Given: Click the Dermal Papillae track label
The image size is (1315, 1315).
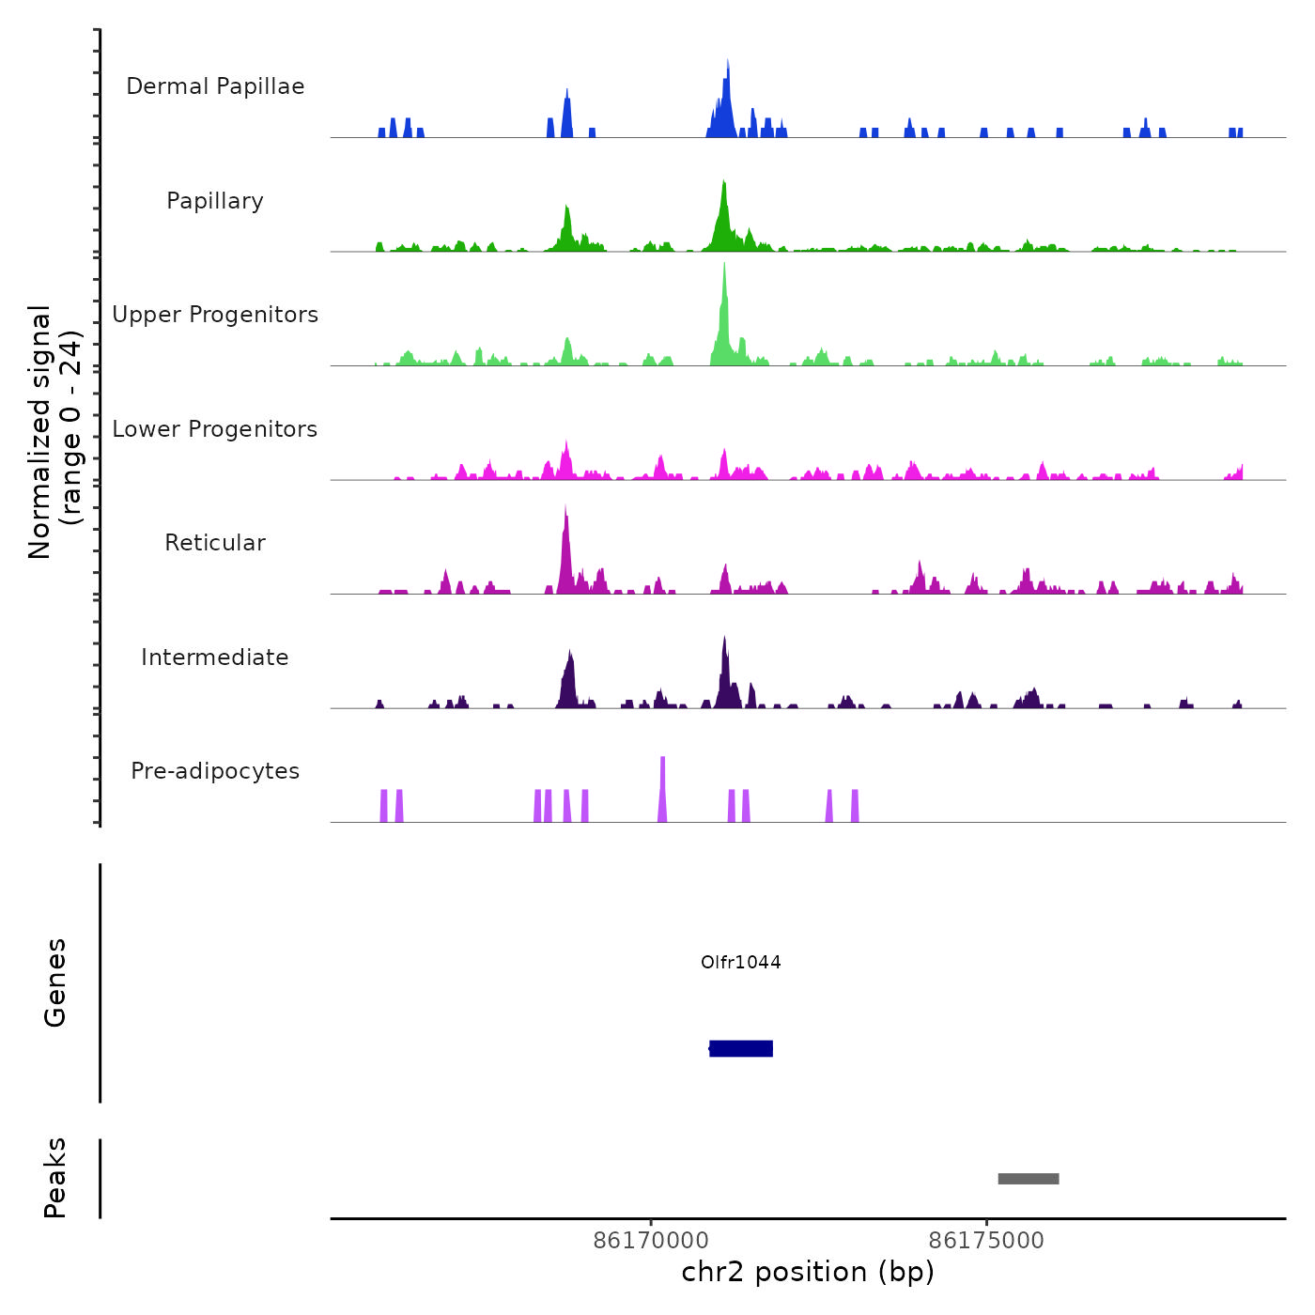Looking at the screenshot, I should pos(215,86).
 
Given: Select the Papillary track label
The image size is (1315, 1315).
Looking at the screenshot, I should pos(215,201).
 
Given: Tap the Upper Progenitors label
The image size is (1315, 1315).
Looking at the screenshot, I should pos(215,315).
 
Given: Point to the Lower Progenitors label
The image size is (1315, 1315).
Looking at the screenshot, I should pos(215,429).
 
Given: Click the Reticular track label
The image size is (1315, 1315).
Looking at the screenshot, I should pos(215,543).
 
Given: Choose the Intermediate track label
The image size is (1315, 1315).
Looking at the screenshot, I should pos(215,657).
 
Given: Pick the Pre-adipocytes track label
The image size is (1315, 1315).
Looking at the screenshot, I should pos(215,771).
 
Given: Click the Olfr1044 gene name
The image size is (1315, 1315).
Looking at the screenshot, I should pos(741,962).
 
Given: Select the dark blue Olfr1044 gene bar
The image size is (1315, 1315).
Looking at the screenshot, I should pos(741,1048).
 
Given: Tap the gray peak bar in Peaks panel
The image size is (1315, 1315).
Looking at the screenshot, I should pos(1029,1179).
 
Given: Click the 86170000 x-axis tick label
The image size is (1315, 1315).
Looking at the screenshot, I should pos(652,1241).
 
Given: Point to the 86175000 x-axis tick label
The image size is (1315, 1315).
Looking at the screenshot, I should pos(986,1241).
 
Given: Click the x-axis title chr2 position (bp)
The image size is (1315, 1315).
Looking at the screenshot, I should pos(808,1272).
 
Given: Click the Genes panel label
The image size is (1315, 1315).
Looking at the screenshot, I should pos(55,982).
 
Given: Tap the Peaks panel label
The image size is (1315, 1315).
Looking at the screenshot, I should pos(55,1178).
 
